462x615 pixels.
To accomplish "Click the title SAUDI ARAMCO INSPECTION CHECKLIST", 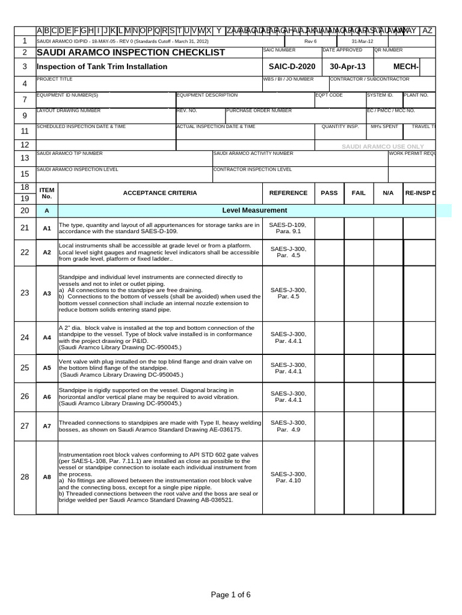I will (131, 53).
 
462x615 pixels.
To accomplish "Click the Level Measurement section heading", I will (254, 210).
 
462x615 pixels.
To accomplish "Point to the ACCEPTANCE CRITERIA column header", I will (159, 193).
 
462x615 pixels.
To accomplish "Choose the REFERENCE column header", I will (288, 193).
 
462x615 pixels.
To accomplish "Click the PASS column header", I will (329, 193).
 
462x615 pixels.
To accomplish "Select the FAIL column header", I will (359, 193).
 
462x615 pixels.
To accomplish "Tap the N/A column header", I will (388, 193).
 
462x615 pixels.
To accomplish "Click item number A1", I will (47, 228).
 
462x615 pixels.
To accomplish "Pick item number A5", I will (47, 368).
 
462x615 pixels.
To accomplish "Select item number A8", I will (47, 477).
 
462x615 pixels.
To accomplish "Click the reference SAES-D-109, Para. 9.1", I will (288, 228).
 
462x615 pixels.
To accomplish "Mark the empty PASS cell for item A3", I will (329, 293).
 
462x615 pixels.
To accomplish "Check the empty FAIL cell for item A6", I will (359, 396).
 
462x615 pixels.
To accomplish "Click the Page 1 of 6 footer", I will (230, 595).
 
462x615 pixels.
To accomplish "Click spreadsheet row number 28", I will (25, 477).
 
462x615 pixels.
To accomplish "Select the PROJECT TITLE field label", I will (54, 79).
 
